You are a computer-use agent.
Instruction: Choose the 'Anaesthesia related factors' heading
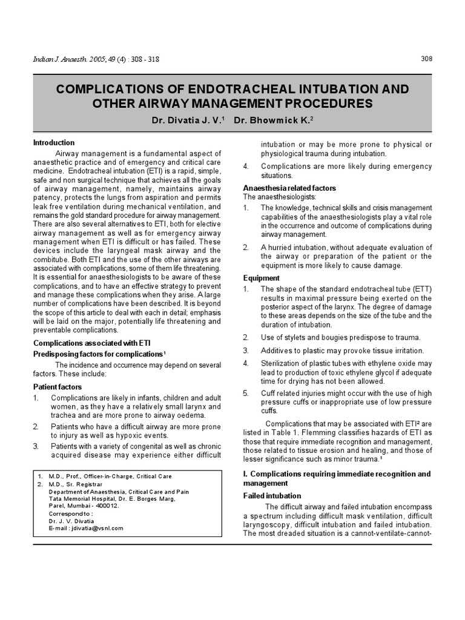(289, 188)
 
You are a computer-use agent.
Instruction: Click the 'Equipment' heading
(262, 278)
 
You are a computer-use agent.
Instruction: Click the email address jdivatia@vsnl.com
(95, 528)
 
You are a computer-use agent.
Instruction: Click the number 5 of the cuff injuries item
(246, 394)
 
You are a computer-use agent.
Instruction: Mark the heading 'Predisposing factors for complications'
(97, 353)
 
